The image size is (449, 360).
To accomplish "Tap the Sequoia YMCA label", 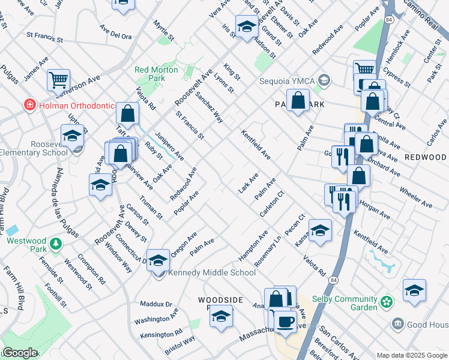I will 287,80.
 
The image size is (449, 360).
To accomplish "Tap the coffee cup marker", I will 285,321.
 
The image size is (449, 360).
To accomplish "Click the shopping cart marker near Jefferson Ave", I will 58,80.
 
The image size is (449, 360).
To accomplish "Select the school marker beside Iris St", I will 246,27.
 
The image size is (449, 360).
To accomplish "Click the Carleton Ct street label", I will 271,205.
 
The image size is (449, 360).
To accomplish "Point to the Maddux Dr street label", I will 156,304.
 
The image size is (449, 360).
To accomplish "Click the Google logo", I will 20,353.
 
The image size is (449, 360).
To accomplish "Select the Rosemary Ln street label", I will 268,254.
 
